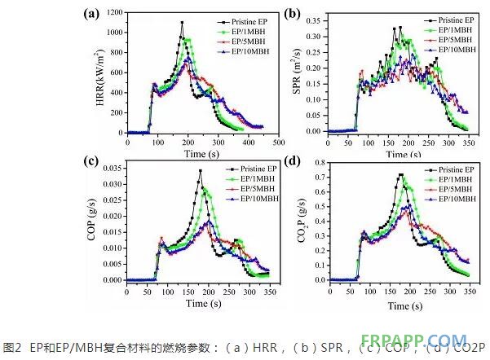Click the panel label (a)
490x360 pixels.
pyautogui.click(x=92, y=13)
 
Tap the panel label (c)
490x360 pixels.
pyautogui.click(x=92, y=161)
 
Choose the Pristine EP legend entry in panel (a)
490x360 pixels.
pyautogui.click(x=245, y=19)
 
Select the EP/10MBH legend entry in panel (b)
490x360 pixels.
pyautogui.click(x=441, y=50)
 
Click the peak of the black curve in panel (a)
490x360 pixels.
pyautogui.click(x=182, y=22)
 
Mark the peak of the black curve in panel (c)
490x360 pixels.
pyautogui.click(x=200, y=171)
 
